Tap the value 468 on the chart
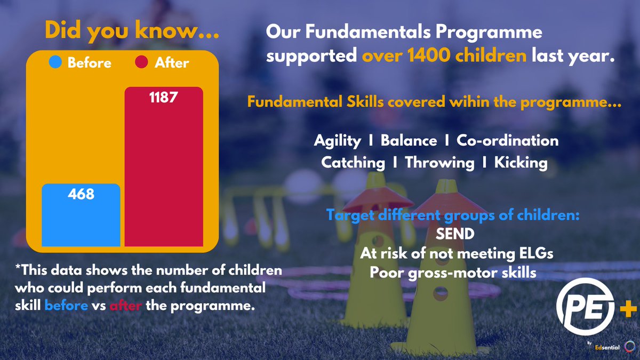pos(81,194)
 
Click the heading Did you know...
pos(132,30)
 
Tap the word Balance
pos(409,141)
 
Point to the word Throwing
pos(439,163)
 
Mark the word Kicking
pos(521,163)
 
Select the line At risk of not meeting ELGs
pos(456,254)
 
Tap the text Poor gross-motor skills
pos(453,273)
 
